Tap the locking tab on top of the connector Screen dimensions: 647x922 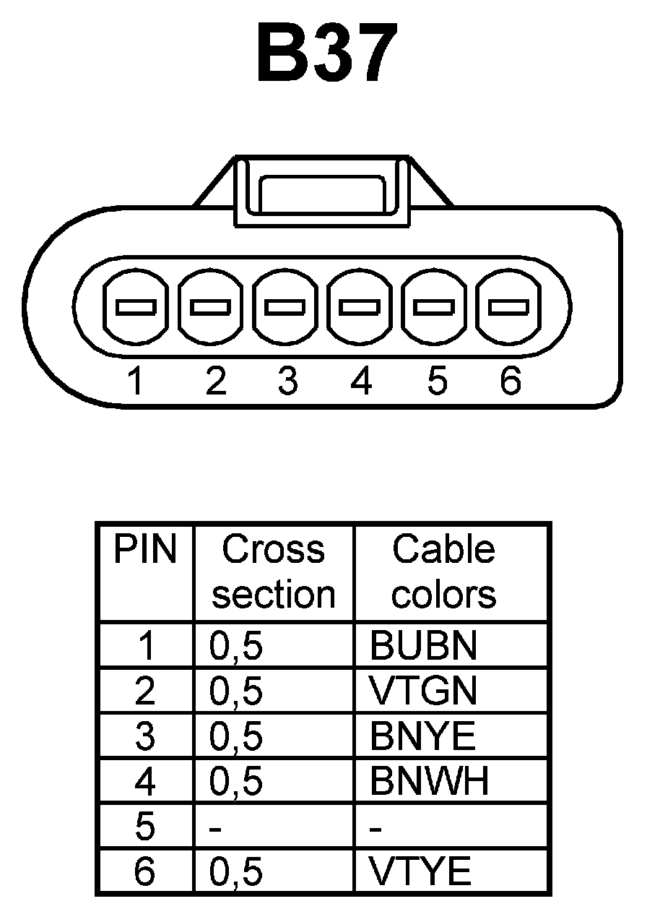322,192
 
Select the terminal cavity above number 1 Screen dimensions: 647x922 136,307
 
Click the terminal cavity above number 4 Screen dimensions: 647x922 360,307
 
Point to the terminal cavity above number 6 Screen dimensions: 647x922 508,307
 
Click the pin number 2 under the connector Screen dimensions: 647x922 215,381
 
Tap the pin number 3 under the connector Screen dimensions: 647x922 287,381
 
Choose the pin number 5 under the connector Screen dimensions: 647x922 436,381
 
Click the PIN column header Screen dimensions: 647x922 145,551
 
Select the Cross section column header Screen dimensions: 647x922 274,572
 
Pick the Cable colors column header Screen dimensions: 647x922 444,572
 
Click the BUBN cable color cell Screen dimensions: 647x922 423,646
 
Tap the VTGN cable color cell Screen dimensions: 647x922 423,691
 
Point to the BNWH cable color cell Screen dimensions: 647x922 429,780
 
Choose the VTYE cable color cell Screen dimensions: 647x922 420,871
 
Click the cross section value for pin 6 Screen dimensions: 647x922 236,872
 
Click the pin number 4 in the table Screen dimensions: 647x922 145,781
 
